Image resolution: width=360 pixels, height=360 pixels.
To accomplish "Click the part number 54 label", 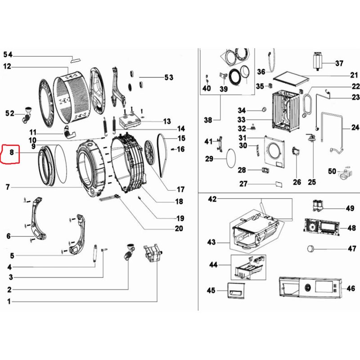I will [8, 55].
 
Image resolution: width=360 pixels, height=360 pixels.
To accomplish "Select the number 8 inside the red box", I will [12, 153].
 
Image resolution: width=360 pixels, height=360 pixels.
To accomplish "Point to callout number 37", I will [339, 63].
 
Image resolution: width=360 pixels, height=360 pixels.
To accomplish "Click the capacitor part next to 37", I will [318, 61].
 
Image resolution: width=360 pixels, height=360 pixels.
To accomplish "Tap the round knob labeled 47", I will [310, 248].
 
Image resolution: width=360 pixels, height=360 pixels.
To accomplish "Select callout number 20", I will [179, 229].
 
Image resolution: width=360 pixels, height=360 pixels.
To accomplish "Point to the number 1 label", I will [9, 301].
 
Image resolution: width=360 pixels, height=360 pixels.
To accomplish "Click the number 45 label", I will [211, 291].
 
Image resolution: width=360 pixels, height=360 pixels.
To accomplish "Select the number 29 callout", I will [209, 158].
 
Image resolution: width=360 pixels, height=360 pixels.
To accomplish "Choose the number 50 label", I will [333, 171].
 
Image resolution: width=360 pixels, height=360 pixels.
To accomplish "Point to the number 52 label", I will [9, 113].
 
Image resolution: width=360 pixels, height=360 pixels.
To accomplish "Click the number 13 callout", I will [167, 121].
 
